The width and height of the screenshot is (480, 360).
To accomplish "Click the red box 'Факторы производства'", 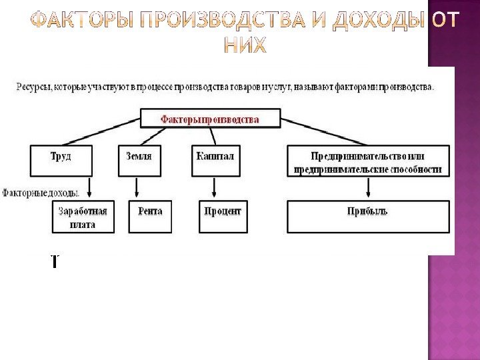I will click(209, 119).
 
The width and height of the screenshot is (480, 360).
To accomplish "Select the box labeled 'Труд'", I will click(61, 160).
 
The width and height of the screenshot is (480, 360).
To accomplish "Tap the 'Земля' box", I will click(139, 160).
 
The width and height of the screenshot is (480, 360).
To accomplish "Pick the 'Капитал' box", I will click(215, 160).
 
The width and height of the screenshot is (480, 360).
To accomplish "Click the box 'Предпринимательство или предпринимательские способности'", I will click(368, 162).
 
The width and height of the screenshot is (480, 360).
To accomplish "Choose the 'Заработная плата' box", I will click(83, 217).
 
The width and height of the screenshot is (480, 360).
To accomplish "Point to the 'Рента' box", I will click(150, 217).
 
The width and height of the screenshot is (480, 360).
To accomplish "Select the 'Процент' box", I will click(222, 217).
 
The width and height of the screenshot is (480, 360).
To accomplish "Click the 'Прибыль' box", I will click(367, 217).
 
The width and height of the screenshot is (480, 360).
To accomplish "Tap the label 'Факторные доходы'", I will click(40, 193).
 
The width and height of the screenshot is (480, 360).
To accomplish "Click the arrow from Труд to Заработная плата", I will click(90, 189).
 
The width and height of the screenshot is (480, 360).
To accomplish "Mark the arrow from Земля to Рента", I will click(138, 189).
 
